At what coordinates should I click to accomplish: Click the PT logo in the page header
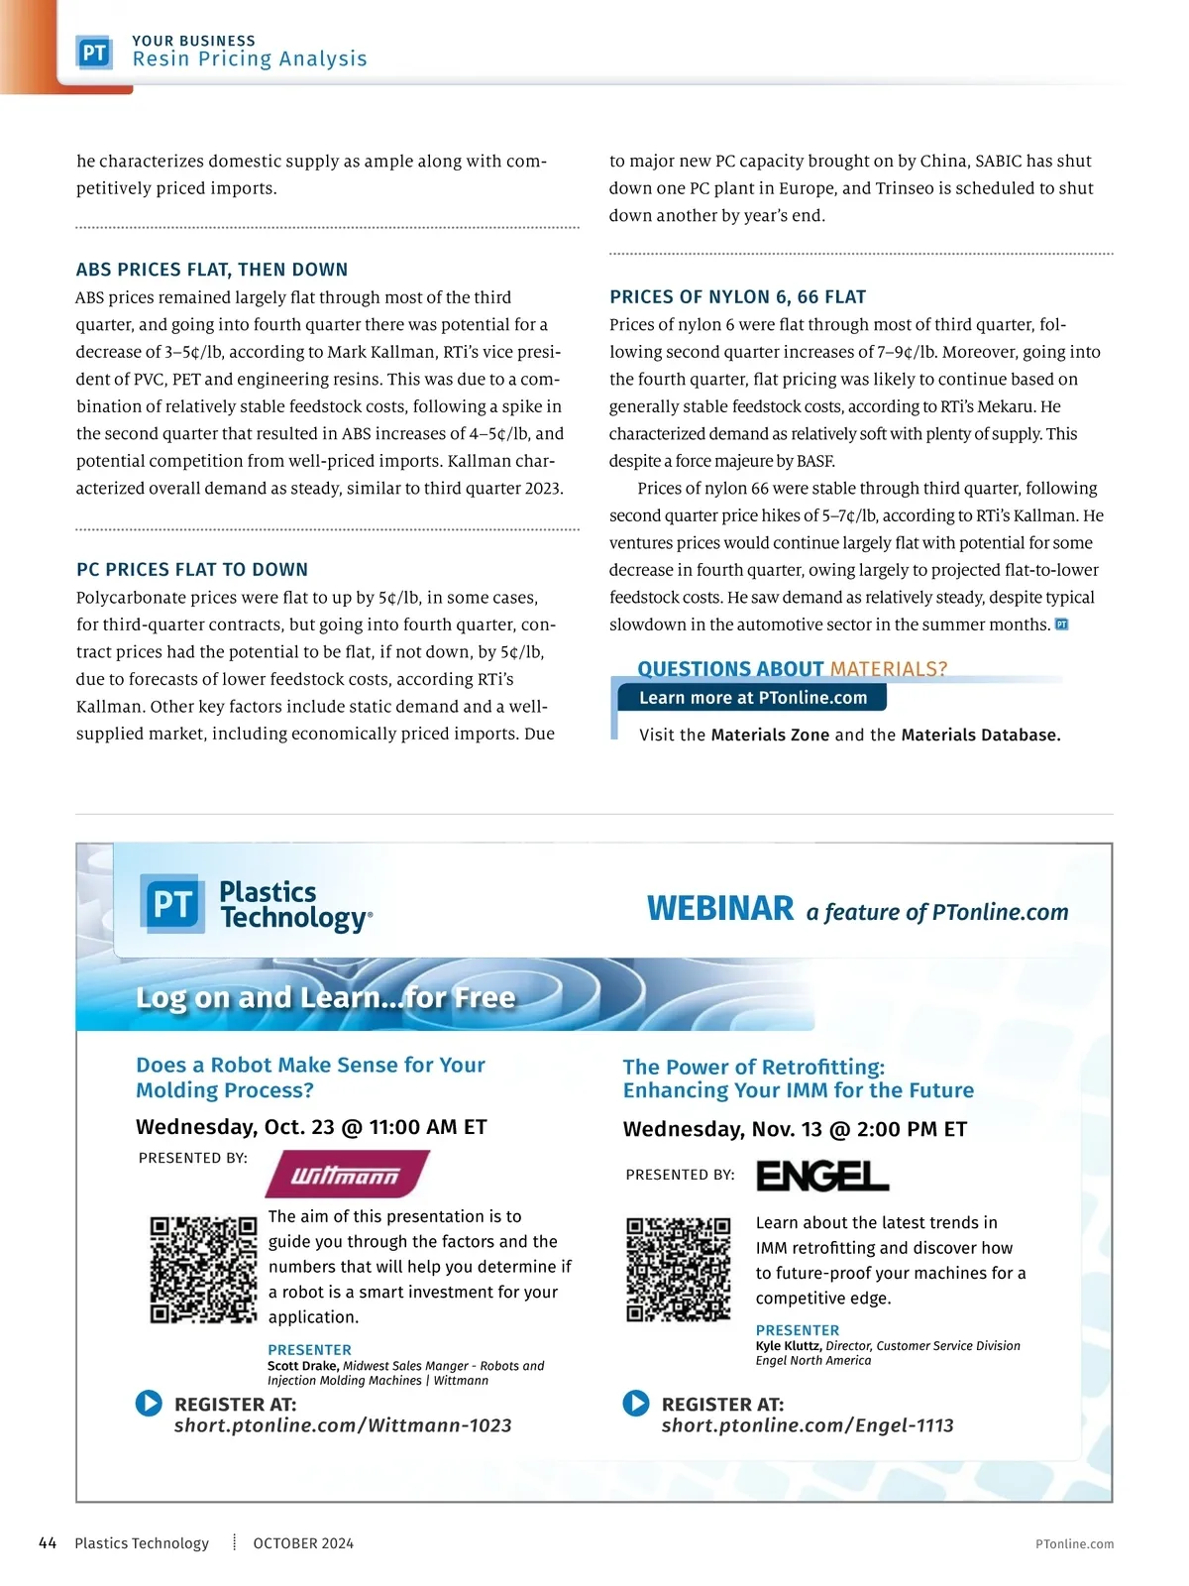(x=94, y=53)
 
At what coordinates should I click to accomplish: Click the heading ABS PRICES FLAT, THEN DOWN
(x=212, y=270)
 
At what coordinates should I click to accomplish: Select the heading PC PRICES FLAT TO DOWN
(x=192, y=570)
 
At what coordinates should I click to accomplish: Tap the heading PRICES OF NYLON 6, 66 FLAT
(x=738, y=297)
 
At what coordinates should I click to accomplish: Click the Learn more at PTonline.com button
(x=752, y=698)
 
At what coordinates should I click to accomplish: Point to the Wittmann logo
(x=346, y=1175)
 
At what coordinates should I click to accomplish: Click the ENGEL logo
(x=822, y=1176)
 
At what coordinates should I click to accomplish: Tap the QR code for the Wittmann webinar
(x=203, y=1270)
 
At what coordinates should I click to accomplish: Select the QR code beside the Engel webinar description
(x=679, y=1270)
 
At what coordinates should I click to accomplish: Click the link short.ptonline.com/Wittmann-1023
(x=343, y=1425)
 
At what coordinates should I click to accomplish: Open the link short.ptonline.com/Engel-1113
(x=808, y=1425)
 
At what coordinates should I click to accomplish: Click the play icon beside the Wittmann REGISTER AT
(x=149, y=1404)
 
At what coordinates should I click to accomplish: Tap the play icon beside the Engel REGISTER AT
(x=636, y=1404)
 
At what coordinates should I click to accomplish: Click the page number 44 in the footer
(x=48, y=1543)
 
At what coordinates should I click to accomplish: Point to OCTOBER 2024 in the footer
(x=303, y=1543)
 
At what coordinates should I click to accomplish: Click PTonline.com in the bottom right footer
(x=1074, y=1544)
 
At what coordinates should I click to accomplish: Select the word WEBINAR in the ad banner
(x=720, y=909)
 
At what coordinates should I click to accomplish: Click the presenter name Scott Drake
(x=303, y=1366)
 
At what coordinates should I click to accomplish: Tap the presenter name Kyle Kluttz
(x=789, y=1346)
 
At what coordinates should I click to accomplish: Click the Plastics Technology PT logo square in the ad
(x=172, y=904)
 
